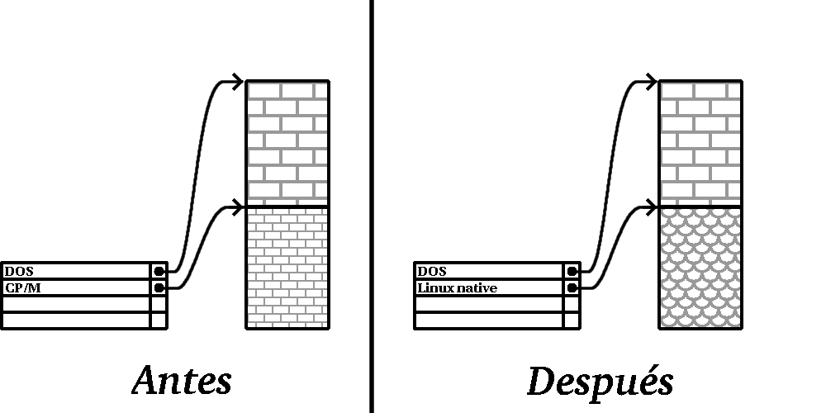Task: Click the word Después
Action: coord(601,382)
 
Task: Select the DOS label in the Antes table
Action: coord(19,271)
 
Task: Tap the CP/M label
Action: coord(22,288)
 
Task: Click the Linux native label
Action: coord(458,288)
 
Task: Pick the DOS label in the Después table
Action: coord(432,271)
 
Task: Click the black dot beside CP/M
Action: coord(159,288)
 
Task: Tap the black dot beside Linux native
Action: coord(572,288)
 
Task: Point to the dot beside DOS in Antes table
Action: coord(159,271)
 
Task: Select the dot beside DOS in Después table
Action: coord(572,271)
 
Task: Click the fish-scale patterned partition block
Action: coord(700,268)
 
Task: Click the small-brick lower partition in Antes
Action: coord(287,268)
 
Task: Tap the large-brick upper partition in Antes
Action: coord(287,143)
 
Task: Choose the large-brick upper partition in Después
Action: coord(700,143)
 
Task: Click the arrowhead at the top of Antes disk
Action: coord(238,82)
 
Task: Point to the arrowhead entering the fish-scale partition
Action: coord(651,207)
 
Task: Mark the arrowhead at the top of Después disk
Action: coord(651,82)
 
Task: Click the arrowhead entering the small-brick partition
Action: coord(238,207)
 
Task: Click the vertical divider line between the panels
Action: coord(372,206)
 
